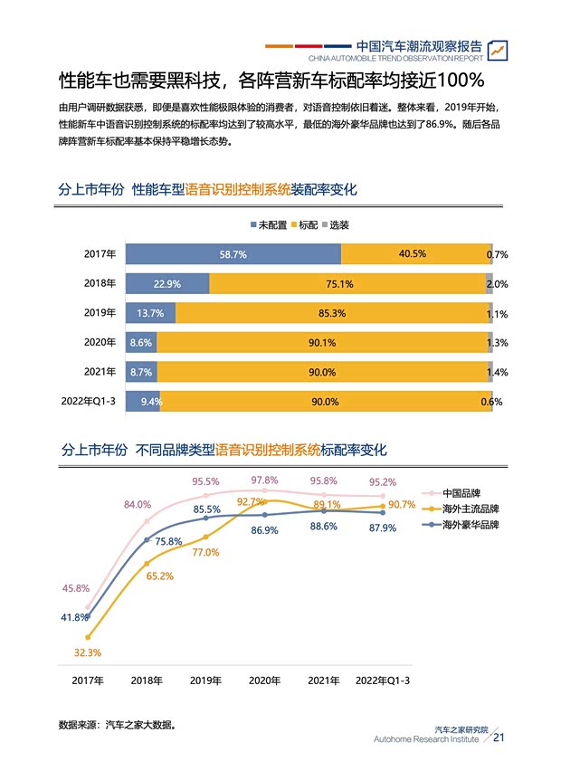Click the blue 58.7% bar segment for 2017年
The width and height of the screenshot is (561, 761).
(x=233, y=254)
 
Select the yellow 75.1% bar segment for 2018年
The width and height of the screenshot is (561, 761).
(x=347, y=283)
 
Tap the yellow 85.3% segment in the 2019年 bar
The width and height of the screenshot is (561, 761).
(x=331, y=313)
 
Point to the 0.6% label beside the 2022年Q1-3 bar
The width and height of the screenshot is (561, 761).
(x=492, y=402)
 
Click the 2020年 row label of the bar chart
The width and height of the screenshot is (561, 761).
(x=100, y=342)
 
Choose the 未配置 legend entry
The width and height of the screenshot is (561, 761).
(x=268, y=224)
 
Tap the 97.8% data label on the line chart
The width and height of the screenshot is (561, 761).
(x=264, y=480)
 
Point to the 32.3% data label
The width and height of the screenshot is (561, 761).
(x=88, y=652)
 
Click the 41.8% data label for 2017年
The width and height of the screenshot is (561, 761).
(x=74, y=617)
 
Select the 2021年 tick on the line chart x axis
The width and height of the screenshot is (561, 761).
(x=324, y=680)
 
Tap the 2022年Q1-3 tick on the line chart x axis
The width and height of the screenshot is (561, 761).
(x=383, y=680)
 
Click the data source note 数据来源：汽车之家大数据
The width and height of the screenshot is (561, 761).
(x=117, y=725)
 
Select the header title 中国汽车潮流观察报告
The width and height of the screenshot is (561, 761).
(x=419, y=45)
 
